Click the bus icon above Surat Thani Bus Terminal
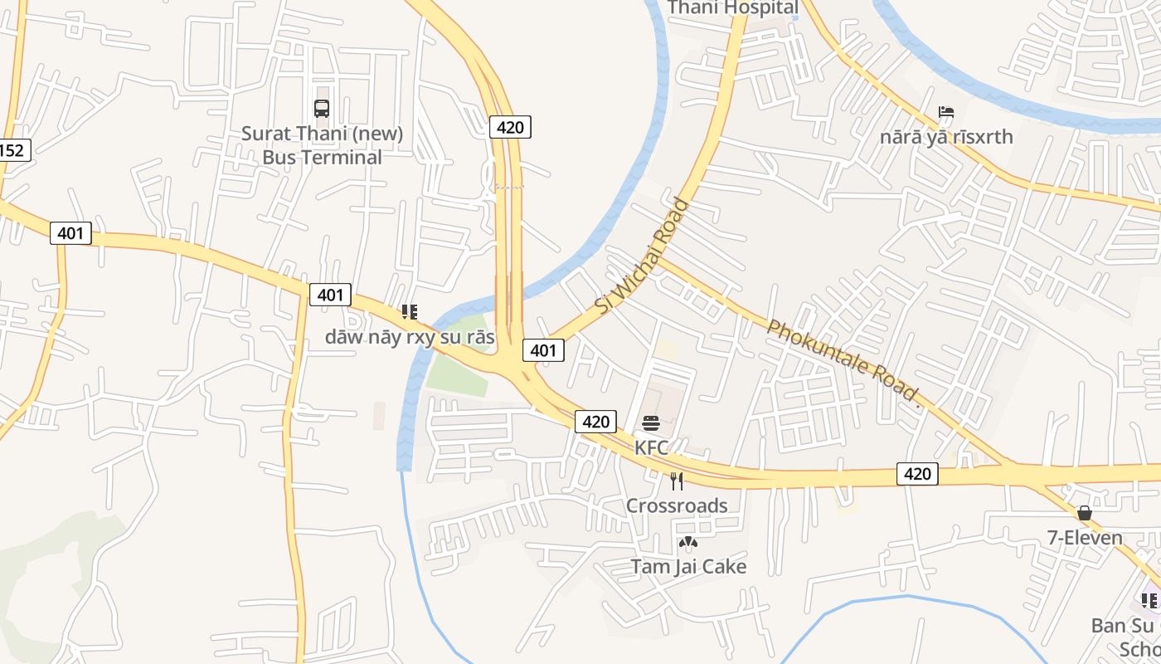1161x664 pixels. pos(322,108)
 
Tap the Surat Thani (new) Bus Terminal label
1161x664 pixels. pos(322,145)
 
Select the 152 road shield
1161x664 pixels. pos(12,150)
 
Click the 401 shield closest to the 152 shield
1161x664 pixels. pos(70,233)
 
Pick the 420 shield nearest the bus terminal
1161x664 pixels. pos(510,127)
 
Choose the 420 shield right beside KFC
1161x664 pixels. pos(595,422)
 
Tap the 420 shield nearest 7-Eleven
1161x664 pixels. pos(916,474)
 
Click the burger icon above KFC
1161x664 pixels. pos(651,423)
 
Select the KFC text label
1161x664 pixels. pos(651,447)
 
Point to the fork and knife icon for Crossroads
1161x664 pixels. pos(677,481)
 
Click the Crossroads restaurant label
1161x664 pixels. pos(677,505)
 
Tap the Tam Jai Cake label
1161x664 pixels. pos(688,567)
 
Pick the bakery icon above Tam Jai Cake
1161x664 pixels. pos(687,543)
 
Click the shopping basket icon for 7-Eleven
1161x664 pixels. pos(1084,513)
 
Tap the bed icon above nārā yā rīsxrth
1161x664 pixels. pos(946,112)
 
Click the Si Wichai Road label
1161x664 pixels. pos(643,255)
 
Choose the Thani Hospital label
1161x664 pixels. pos(733,8)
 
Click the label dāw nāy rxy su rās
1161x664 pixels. pos(409,337)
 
